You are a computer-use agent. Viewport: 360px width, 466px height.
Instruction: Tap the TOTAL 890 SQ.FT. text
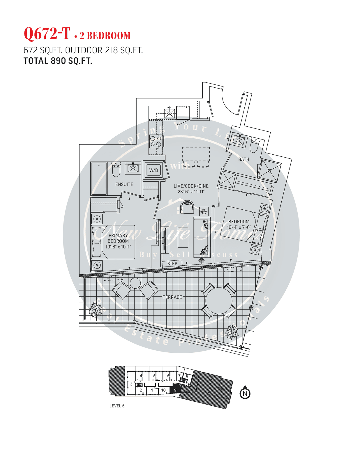pos(58,61)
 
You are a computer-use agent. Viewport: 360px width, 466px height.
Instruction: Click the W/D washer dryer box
pos(153,170)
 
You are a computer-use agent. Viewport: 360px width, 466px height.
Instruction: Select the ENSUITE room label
pos(124,184)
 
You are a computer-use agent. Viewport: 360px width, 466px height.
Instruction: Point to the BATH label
pos(243,159)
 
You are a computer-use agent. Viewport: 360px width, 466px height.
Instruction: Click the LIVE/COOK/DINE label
pos(191,186)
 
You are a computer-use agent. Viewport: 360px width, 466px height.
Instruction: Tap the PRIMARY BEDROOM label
pos(118,238)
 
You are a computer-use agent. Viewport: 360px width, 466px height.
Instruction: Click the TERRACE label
pos(172,297)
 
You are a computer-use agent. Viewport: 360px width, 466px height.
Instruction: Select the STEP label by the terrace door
pos(172,264)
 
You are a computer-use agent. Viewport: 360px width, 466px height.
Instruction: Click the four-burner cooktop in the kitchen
pos(156,141)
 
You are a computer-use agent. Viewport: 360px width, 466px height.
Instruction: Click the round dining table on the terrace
pos(219,301)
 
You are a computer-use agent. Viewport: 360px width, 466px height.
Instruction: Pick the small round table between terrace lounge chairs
pos(135,283)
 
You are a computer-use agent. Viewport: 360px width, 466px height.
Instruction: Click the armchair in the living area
pos(187,206)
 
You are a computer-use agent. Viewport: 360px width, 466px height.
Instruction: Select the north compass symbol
pos(245,393)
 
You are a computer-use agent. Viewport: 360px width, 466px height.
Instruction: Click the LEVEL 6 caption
pos(117,406)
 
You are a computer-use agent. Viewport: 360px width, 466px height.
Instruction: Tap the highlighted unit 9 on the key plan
pos(175,390)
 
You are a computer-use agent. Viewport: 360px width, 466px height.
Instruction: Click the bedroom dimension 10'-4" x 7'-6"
pos(239,227)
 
